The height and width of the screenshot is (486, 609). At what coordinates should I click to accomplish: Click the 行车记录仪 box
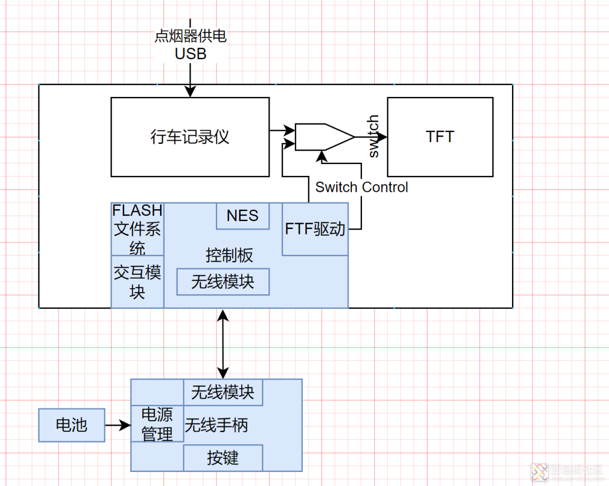click(190, 137)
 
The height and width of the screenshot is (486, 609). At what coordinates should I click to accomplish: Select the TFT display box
click(440, 137)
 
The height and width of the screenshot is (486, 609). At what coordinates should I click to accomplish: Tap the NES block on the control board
click(242, 216)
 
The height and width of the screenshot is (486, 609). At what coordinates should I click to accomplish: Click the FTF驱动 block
click(315, 229)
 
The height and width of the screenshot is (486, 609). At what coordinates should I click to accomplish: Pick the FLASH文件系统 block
click(138, 229)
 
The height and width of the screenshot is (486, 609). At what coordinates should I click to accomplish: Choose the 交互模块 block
click(138, 282)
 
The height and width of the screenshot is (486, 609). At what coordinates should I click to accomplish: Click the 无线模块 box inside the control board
click(223, 282)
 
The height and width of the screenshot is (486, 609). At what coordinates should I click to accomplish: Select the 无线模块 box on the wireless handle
click(223, 392)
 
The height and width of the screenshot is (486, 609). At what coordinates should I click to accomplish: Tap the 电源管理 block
click(157, 425)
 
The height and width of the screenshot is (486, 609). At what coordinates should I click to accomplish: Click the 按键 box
click(223, 458)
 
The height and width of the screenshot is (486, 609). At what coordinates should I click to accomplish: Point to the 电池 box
click(72, 425)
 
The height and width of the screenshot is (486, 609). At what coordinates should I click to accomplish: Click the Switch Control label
click(361, 187)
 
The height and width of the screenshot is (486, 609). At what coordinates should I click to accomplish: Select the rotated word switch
click(373, 136)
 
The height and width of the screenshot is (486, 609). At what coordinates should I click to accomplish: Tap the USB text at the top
click(191, 54)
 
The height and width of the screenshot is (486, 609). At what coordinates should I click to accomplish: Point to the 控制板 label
click(229, 255)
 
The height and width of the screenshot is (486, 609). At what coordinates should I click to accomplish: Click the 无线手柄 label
click(216, 425)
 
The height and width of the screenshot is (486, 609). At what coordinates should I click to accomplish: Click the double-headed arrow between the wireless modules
click(223, 343)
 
